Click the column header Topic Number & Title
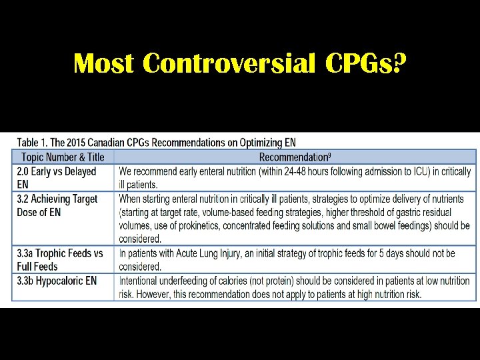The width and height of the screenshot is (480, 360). click(63, 157)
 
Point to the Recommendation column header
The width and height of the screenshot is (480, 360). click(295, 157)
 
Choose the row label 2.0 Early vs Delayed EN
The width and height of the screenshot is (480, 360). click(57, 178)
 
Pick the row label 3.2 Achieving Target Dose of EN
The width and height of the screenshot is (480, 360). click(57, 205)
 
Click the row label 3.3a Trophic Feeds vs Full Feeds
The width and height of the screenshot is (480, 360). click(60, 259)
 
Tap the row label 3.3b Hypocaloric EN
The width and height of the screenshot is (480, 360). click(57, 281)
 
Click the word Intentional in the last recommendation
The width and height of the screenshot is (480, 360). click(142, 281)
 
